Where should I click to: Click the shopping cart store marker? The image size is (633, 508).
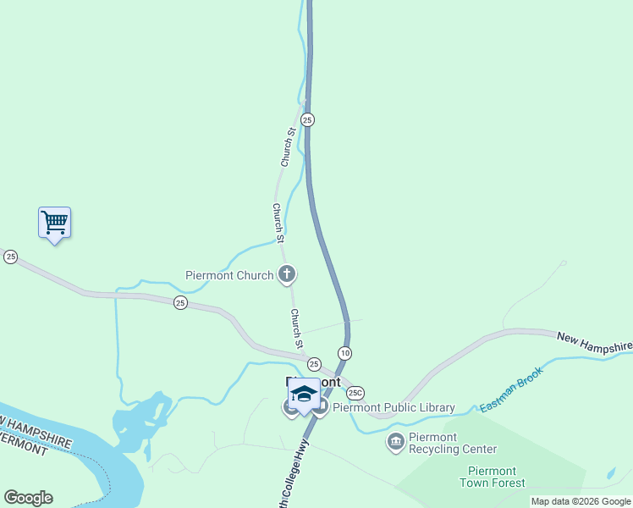point(54,224)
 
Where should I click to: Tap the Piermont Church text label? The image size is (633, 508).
point(229,275)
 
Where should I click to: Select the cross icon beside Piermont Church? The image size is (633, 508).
point(287,273)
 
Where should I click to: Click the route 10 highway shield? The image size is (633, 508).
point(344,352)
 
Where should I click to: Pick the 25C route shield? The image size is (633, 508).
point(355,392)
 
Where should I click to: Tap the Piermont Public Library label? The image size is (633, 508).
point(394,407)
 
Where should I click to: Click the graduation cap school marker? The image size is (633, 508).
point(304,395)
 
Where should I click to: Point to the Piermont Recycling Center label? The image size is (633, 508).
point(453,443)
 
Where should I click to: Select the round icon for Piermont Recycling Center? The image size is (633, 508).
point(395,441)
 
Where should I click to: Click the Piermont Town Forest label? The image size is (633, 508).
point(492,477)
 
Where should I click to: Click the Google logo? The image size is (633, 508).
point(28,498)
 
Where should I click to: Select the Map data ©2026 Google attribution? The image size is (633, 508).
point(581,501)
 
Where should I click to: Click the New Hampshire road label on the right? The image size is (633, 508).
point(594,341)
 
